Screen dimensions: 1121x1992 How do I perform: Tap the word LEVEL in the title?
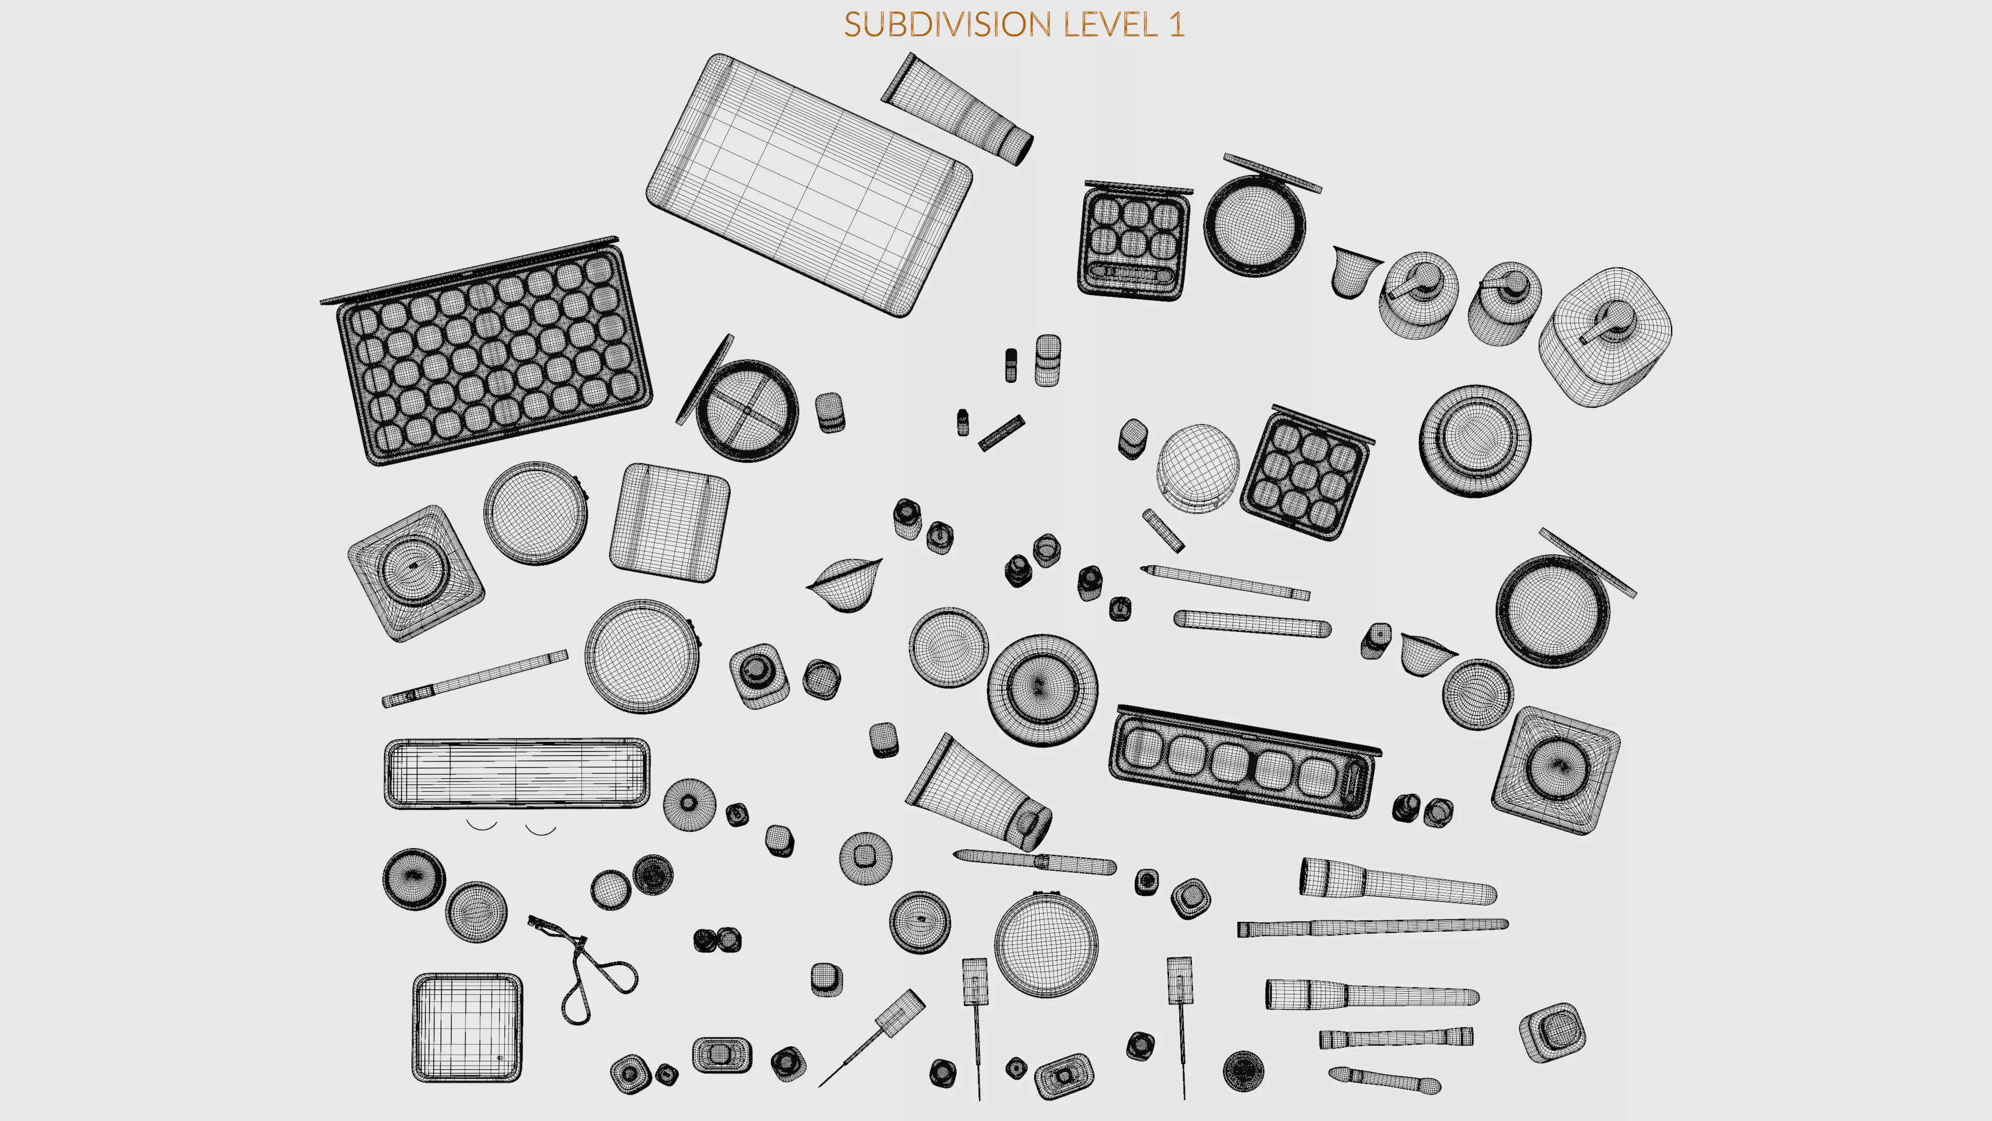[x=1110, y=25]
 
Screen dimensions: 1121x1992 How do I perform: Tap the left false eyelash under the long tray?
[x=481, y=826]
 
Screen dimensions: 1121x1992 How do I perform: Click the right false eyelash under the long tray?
[x=541, y=830]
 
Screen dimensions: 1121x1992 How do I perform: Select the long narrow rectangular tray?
[x=517, y=774]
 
